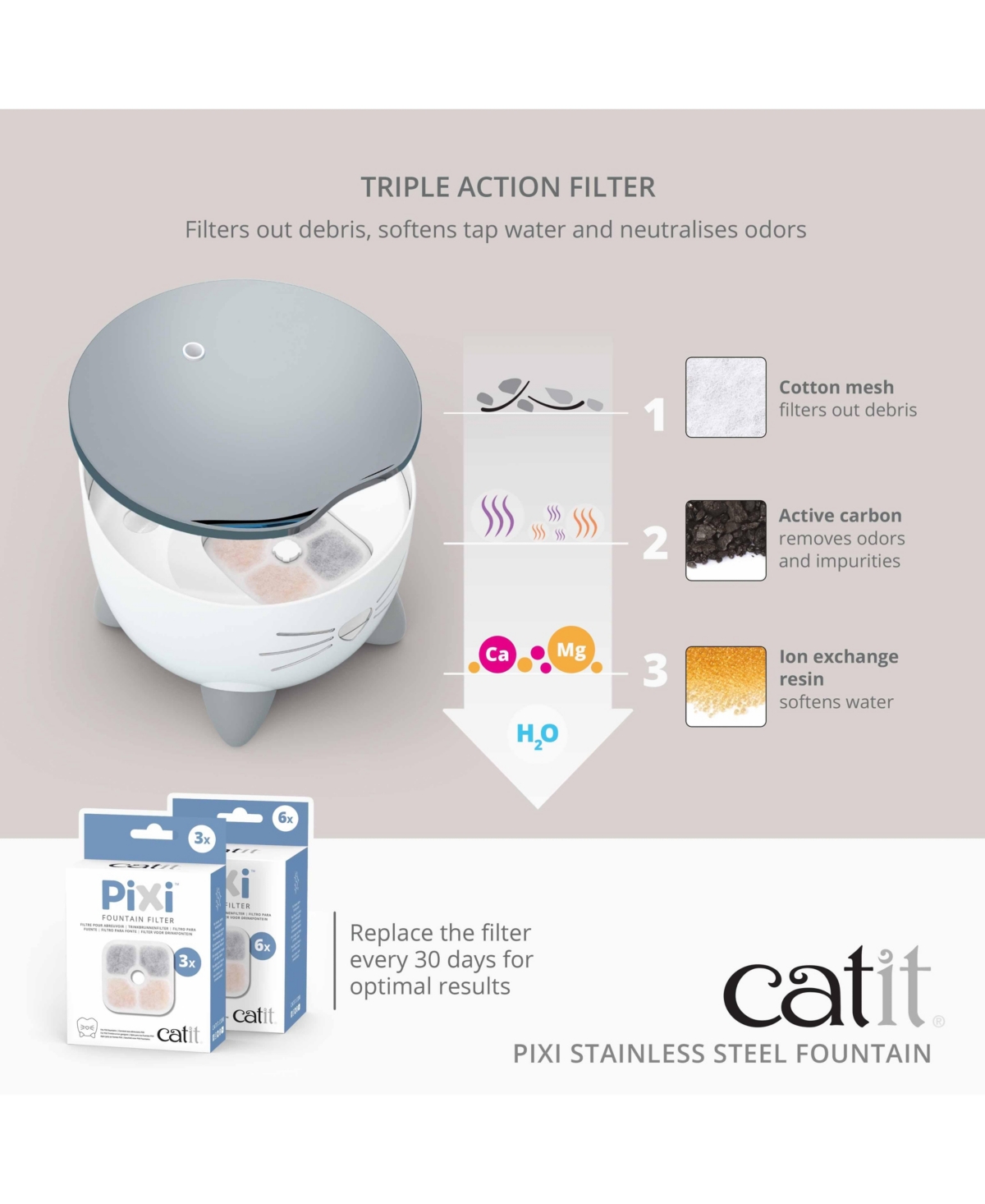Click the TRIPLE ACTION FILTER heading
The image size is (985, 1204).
pos(508,187)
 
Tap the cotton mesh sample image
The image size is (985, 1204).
pos(726,397)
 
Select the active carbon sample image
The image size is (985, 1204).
pos(726,540)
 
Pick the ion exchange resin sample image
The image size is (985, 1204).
pos(726,686)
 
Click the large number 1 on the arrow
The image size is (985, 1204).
pos(654,414)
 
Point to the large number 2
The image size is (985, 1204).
pos(655,543)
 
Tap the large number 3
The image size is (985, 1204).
pos(655,671)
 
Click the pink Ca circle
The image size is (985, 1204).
pos(497,655)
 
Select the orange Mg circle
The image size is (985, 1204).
pos(571,650)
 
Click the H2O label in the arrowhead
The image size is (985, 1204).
pos(538,734)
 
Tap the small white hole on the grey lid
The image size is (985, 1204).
pos(193,352)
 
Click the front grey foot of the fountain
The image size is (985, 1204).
pos(238,715)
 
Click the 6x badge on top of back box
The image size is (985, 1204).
pos(285,818)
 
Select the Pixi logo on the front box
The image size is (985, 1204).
pos(138,895)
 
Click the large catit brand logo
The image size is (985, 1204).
pos(827,988)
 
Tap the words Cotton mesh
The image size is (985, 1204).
pos(836,387)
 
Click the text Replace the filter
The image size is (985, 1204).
pos(440,933)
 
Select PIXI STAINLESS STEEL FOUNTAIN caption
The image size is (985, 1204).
pos(722,1054)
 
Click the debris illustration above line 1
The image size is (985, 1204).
pos(538,396)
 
